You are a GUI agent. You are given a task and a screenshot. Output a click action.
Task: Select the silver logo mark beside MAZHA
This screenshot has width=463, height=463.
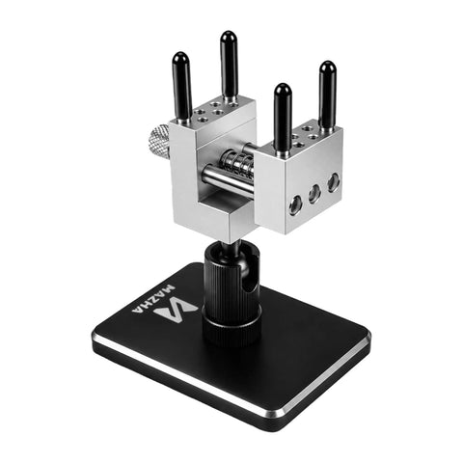point(176,311)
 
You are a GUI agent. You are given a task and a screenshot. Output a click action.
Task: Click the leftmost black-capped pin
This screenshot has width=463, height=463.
point(182,87)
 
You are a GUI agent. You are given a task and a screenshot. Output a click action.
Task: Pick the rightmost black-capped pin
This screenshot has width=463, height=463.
point(328,95)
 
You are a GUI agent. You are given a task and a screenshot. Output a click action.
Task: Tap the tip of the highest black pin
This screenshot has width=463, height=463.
point(229,32)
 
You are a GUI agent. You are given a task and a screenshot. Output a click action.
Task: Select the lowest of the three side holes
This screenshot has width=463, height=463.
point(295,204)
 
